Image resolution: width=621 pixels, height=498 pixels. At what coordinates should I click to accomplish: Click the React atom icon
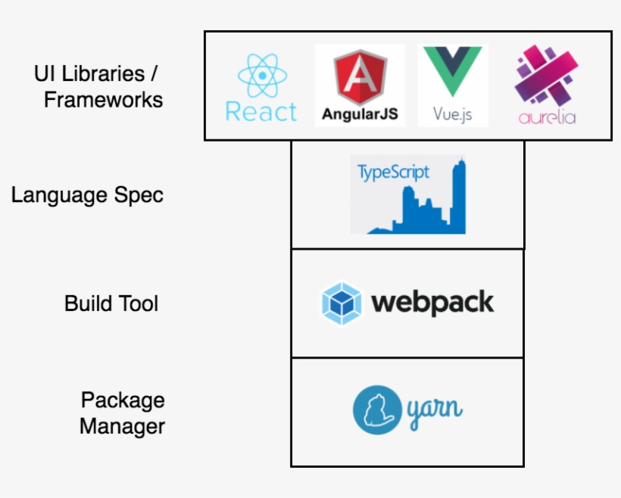pos(262,75)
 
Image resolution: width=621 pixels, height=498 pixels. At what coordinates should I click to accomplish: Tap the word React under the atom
pos(261,112)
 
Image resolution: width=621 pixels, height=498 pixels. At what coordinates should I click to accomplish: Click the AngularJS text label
pos(360,114)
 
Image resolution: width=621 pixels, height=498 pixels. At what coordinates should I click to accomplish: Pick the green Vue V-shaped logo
pos(452,71)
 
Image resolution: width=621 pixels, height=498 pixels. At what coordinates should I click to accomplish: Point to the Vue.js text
pos(453,114)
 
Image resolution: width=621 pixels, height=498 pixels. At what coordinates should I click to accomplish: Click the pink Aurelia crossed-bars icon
pos(547,75)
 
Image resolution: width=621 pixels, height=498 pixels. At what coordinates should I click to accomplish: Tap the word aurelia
pos(547,117)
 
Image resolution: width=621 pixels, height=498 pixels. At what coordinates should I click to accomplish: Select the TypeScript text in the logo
pos(393,172)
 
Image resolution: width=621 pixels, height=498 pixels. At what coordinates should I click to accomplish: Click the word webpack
pos(432,303)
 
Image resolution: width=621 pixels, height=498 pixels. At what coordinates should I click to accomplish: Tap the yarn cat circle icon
pos(376,410)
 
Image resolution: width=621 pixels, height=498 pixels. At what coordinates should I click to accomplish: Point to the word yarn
pos(435,411)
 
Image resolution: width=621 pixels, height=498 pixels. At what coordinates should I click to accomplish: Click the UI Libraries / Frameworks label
pos(98,86)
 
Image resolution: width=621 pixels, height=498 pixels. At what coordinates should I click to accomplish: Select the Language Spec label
pos(87,195)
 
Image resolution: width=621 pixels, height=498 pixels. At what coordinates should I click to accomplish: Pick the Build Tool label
pos(111,303)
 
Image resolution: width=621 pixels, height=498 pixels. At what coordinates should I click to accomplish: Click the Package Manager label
pos(122,412)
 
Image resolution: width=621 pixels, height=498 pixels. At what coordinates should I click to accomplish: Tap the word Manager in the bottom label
pos(122,426)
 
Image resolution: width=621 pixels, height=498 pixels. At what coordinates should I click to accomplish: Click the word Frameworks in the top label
pos(103,99)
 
